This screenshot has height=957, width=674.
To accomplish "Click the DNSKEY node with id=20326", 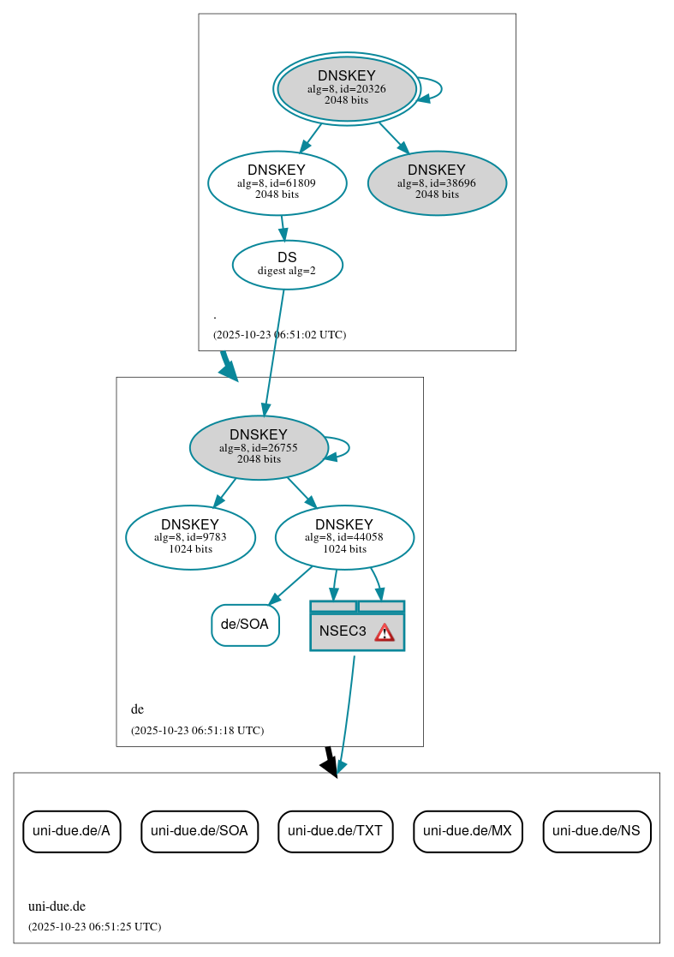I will (x=346, y=88).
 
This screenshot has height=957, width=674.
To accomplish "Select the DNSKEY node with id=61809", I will (x=277, y=182).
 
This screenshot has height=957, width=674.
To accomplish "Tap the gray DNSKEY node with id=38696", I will (x=437, y=182).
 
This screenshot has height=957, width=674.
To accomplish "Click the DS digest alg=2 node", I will (x=287, y=264).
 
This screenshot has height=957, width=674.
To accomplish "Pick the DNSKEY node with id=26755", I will (x=259, y=447).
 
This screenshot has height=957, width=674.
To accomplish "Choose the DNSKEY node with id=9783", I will (x=190, y=537).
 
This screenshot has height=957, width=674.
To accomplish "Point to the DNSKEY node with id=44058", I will (x=344, y=537).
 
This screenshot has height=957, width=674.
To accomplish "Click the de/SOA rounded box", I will (x=245, y=625).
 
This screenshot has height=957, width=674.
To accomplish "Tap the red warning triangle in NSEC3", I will (x=385, y=632).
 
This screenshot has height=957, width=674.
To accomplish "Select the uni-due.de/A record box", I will (x=71, y=830).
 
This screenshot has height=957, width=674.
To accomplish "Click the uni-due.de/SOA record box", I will (x=200, y=830).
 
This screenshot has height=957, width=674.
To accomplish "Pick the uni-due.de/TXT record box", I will (x=335, y=830).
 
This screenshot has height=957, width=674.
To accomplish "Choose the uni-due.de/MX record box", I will (x=468, y=830).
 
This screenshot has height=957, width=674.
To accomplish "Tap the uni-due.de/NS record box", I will (x=596, y=830).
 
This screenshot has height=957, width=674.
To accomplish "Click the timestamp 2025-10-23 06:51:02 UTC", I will (x=279, y=335).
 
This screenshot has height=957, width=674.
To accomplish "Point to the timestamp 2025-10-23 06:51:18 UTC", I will (x=197, y=731).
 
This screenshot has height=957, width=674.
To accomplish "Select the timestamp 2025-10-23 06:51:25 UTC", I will (x=94, y=927).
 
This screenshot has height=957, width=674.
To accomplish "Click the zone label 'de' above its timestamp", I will (x=137, y=709).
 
